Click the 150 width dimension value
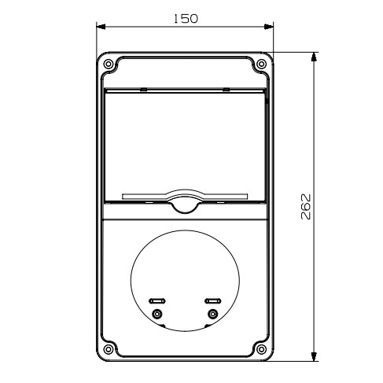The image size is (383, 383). point(185,17)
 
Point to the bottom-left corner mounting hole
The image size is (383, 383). point(109,349)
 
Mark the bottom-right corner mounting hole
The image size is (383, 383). point(261,349)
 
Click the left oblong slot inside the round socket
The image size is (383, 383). point(157,300)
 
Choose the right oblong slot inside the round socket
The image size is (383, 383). point(212,300)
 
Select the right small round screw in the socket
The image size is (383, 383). point(211,315)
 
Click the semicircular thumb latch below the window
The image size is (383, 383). point(185,206)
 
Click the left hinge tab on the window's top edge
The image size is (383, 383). point(143,90)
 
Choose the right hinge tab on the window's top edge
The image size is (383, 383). point(226,90)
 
